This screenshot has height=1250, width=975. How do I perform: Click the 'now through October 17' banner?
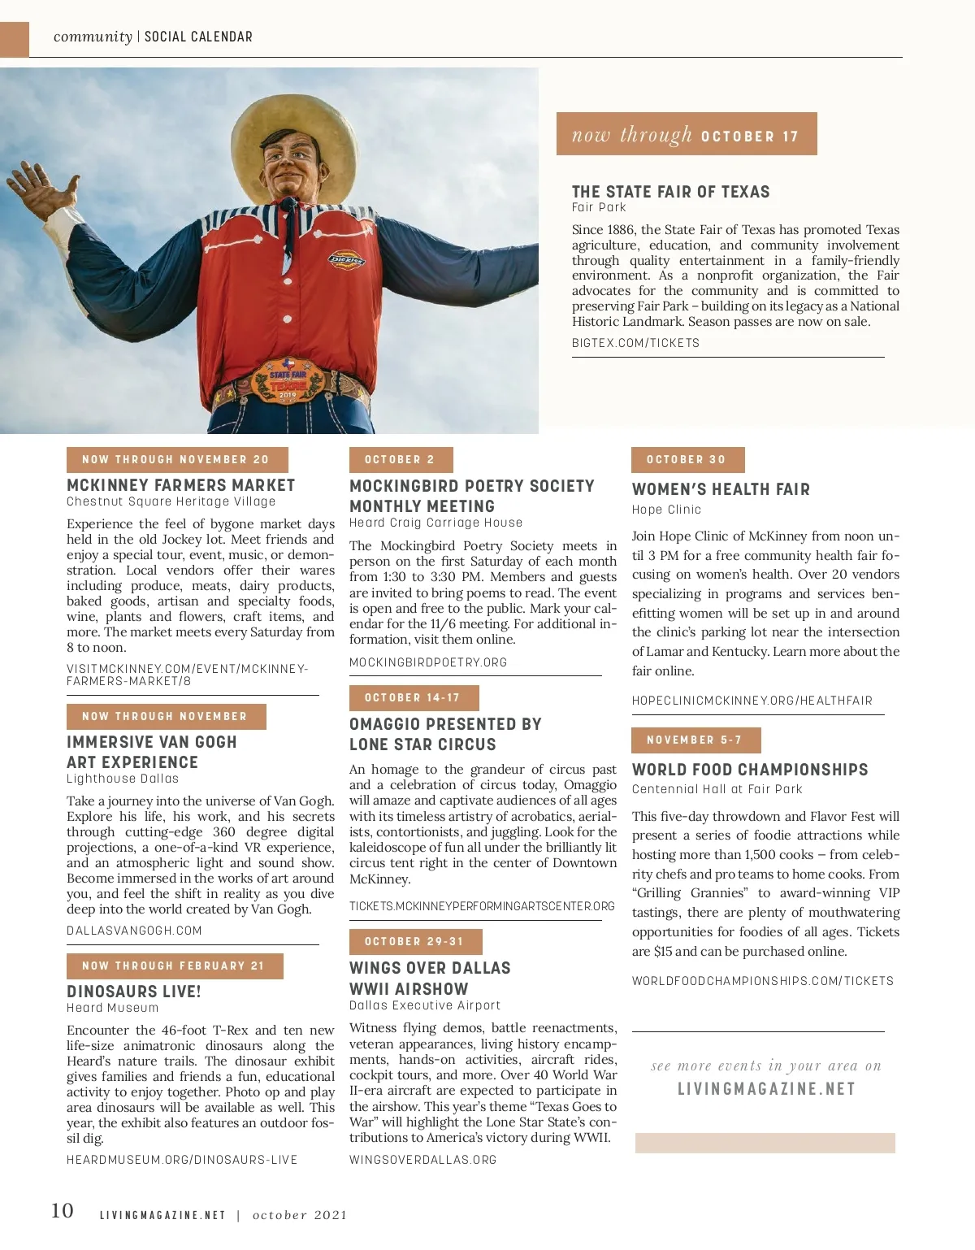click(687, 134)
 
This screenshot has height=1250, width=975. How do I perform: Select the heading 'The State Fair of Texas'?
click(670, 192)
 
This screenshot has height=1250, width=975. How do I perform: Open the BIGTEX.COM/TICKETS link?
click(635, 343)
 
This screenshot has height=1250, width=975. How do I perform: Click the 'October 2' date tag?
click(401, 459)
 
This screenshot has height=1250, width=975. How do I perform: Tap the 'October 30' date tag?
click(687, 459)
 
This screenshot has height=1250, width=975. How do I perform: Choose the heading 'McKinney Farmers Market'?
click(180, 485)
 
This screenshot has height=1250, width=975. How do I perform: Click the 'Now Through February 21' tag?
click(174, 966)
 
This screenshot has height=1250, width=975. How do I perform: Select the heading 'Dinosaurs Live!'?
click(134, 992)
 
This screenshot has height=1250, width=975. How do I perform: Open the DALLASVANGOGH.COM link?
click(134, 931)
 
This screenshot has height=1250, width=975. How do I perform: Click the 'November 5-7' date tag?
click(695, 740)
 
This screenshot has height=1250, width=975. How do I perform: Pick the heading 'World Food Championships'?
click(750, 770)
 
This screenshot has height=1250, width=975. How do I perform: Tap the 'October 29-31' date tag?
click(414, 941)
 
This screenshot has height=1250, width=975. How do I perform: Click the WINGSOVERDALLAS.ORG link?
click(422, 1160)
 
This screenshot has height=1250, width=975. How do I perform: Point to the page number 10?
click(62, 1211)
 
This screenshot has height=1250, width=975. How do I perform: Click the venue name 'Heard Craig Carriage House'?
click(435, 523)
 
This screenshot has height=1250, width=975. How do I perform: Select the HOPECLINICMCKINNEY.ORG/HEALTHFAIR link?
click(752, 701)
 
